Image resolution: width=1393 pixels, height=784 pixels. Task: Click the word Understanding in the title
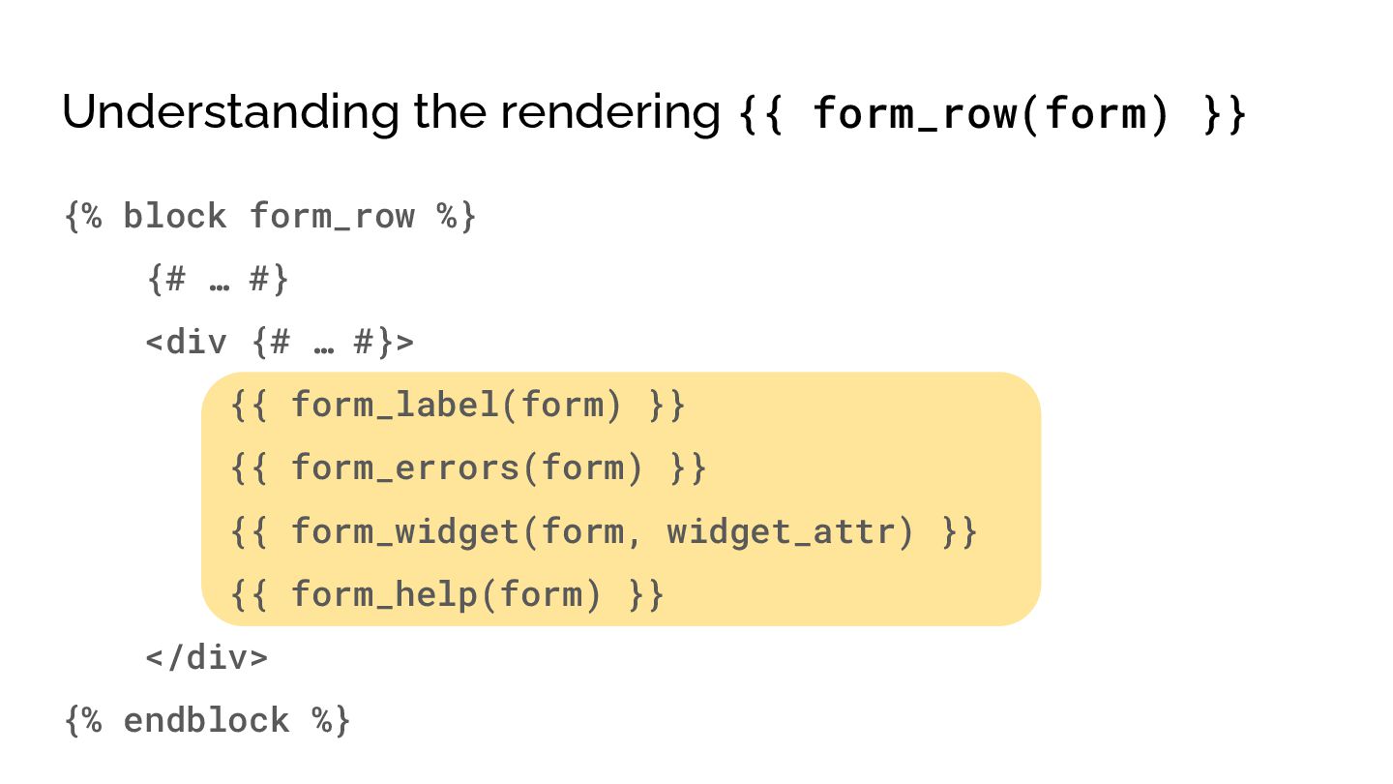[x=229, y=112]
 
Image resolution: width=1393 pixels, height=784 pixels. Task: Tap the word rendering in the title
[x=609, y=112]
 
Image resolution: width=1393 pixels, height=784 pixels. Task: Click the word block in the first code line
[x=174, y=216]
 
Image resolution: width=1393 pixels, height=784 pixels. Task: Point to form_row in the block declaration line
[x=332, y=216]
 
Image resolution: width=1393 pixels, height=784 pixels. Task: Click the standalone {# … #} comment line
[x=218, y=280]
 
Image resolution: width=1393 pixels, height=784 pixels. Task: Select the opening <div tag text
[x=187, y=342]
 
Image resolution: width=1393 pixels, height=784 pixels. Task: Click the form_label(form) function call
[x=457, y=405]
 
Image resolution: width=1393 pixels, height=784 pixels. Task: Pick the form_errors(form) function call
[x=467, y=468]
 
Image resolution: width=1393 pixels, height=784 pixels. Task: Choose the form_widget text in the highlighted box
[x=405, y=531]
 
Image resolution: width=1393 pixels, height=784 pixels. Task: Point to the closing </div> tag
[x=207, y=658]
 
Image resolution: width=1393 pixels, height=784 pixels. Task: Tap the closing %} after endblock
[x=332, y=721]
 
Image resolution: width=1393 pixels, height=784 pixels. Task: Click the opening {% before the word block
[x=83, y=216]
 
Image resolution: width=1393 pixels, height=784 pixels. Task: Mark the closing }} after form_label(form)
[x=667, y=405]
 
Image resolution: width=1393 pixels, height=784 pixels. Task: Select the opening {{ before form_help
[x=251, y=594]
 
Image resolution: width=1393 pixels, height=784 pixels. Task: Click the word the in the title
[x=450, y=112]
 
